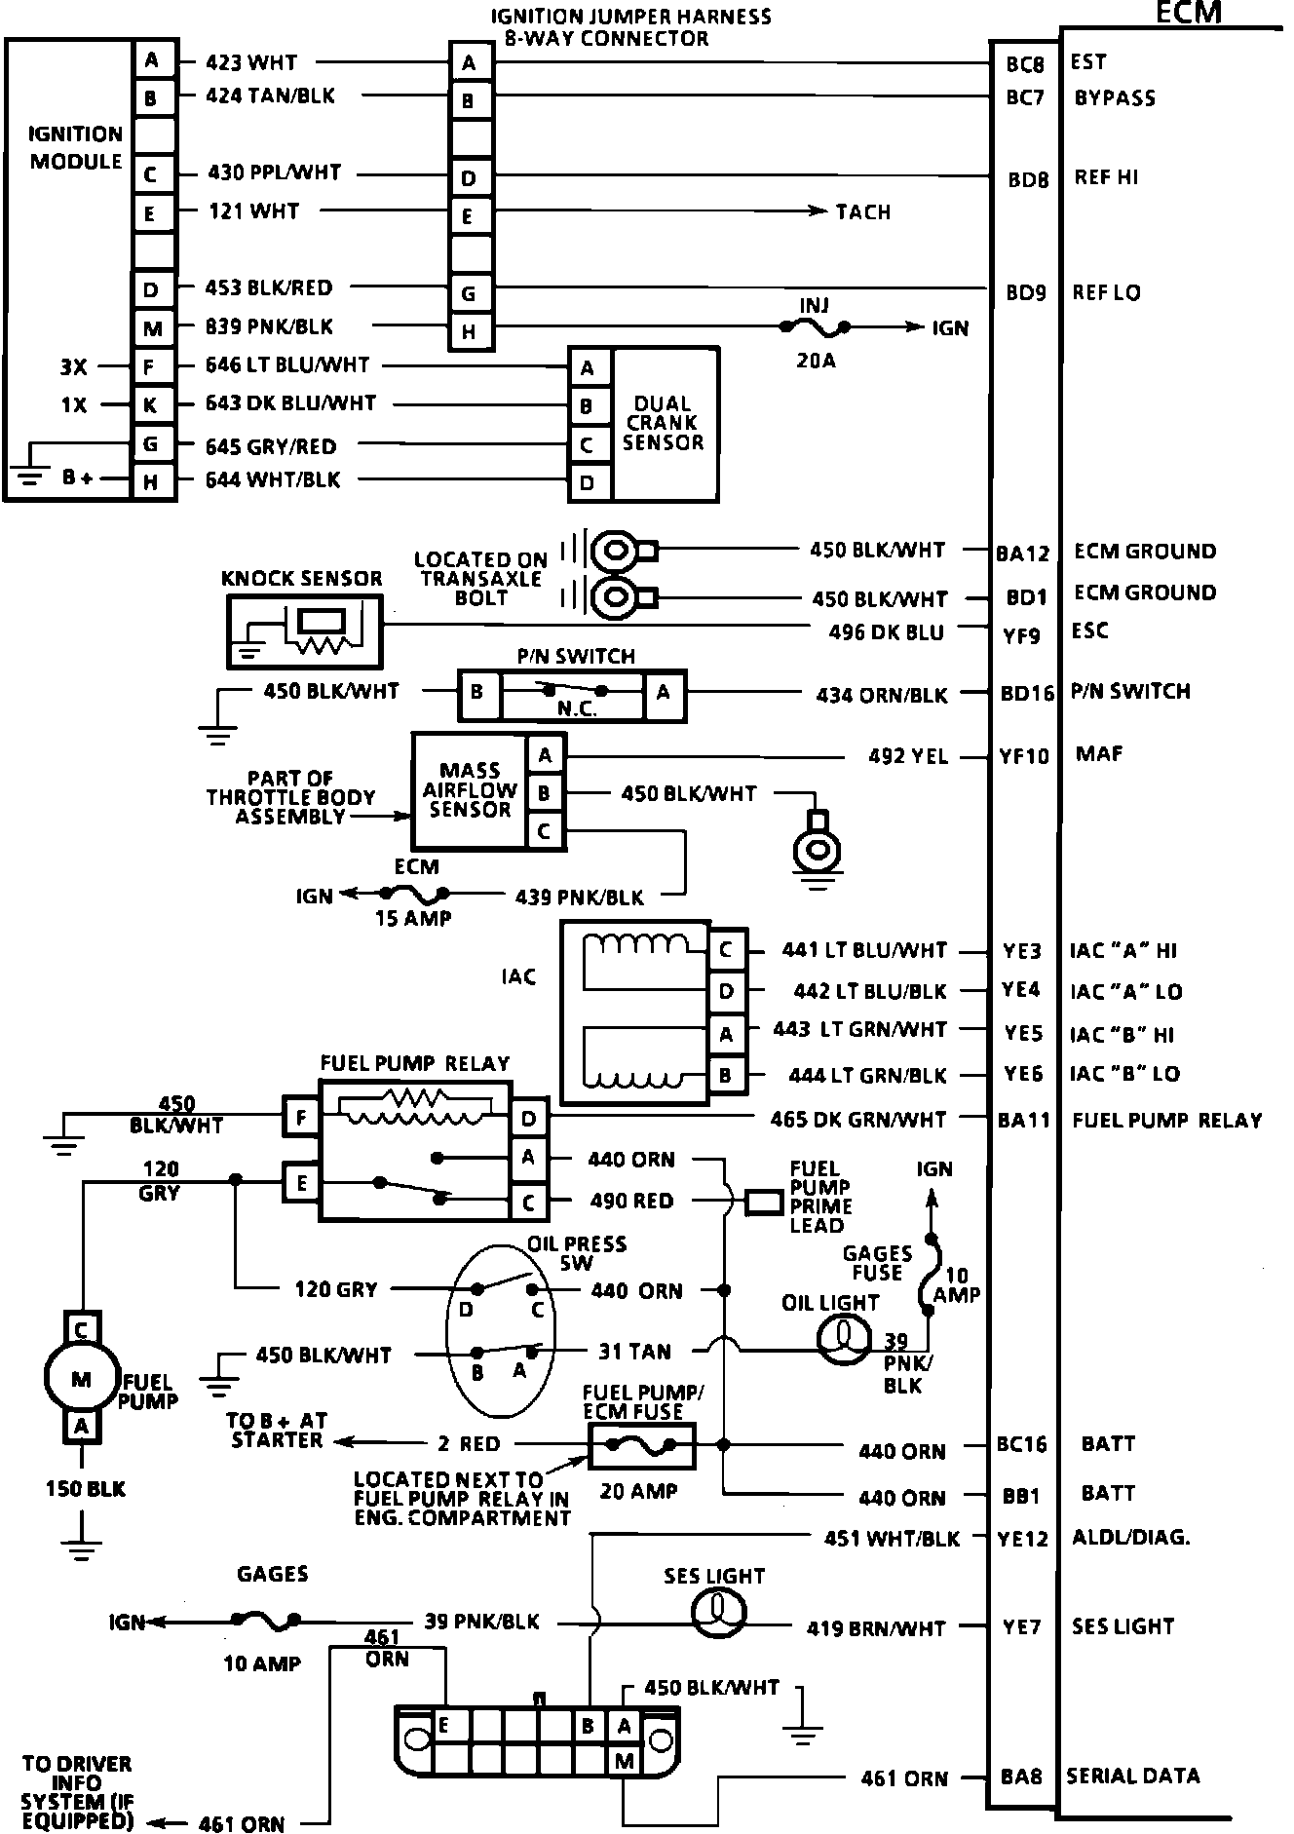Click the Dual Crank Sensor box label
663,423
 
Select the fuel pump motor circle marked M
82,1379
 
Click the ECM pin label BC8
1024,64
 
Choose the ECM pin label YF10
1024,756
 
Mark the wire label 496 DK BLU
887,632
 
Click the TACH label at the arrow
863,211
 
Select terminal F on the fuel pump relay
301,1117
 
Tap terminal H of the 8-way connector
470,331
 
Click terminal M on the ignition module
152,329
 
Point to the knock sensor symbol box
304,631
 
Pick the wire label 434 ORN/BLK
882,695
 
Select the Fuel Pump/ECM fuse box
641,1444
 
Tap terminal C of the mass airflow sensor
545,831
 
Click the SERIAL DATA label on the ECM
1133,1776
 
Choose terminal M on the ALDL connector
625,1761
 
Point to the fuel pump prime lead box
765,1203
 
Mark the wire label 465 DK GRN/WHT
858,1120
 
